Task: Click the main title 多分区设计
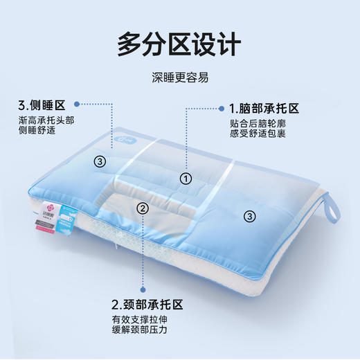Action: click(x=179, y=44)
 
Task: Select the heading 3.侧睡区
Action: click(x=42, y=106)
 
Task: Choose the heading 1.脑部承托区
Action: click(x=264, y=109)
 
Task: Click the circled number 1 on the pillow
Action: click(x=186, y=178)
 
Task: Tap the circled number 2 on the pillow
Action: click(x=143, y=208)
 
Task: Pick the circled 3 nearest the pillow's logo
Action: click(x=100, y=161)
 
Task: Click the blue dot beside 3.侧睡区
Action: click(x=81, y=105)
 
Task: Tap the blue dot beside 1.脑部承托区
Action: click(x=222, y=109)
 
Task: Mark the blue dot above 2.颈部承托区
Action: click(x=143, y=293)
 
